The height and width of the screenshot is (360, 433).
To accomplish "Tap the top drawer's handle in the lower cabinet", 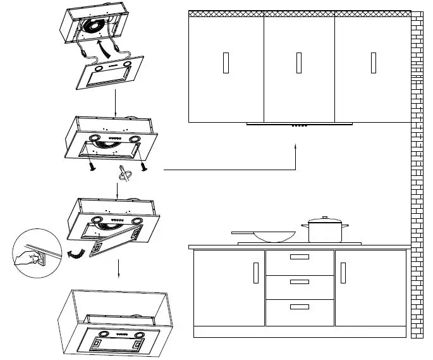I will coord(299,257).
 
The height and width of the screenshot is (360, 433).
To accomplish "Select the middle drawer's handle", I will coord(299,281).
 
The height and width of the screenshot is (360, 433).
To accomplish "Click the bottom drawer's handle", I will coord(299,306).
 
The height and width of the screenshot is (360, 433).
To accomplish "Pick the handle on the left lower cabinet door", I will coord(255,273).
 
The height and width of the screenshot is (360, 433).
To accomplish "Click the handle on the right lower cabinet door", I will coord(343,273).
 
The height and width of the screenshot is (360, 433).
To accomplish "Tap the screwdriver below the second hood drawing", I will coord(124,175).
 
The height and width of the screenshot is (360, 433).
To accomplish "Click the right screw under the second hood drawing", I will coord(145,166).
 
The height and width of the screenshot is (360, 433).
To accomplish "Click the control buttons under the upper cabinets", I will coord(298,125).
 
